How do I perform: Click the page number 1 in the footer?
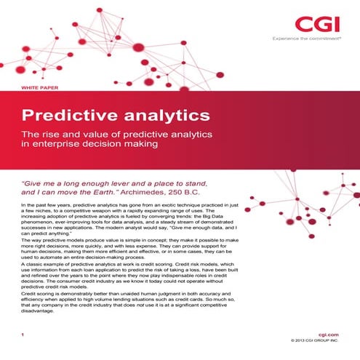pyautogui.click(x=23, y=334)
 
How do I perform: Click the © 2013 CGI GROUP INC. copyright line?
pyautogui.click(x=315, y=340)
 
